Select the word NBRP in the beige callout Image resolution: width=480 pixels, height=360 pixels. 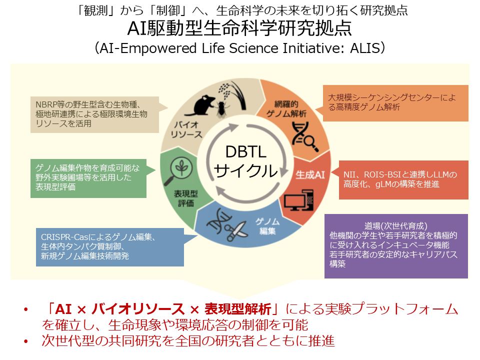(x=47, y=104)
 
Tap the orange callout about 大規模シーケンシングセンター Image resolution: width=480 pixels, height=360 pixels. (x=397, y=102)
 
